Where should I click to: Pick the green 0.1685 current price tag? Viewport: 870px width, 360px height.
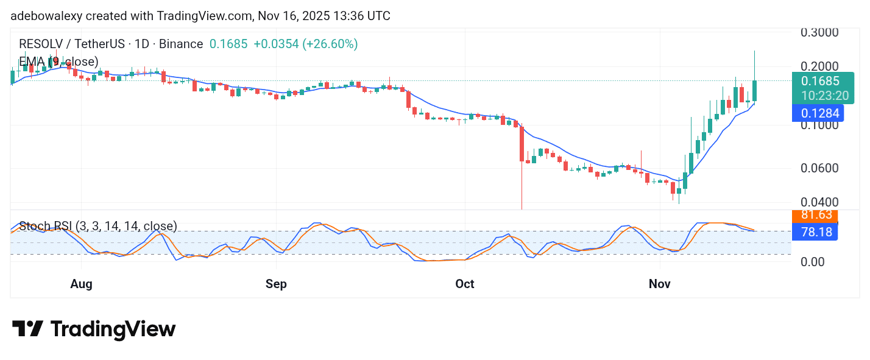coord(820,81)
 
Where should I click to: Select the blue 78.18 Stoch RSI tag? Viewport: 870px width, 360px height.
coord(816,231)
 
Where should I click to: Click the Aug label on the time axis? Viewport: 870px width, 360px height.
coord(81,284)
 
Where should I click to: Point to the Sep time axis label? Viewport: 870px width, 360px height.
coord(276,284)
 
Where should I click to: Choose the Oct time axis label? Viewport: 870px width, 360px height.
coord(465,284)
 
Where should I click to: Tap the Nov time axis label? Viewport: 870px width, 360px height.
coord(660,284)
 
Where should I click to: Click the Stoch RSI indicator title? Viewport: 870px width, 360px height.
coord(98,227)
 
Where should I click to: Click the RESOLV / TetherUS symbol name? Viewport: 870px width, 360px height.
coord(68,44)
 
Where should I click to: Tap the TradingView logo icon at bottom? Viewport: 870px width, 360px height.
coord(28,329)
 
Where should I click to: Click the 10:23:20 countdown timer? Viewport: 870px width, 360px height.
coord(824,96)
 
